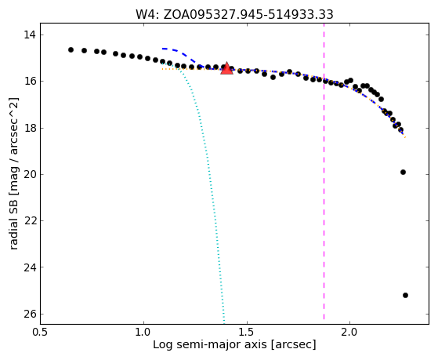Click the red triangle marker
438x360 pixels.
(x=226, y=68)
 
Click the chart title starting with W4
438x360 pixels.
(x=234, y=15)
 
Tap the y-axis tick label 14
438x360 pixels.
(x=29, y=35)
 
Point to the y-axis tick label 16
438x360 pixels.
(x=29, y=82)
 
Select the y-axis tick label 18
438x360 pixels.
(x=29, y=128)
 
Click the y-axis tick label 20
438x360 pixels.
(x=29, y=175)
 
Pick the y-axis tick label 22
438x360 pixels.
(x=29, y=221)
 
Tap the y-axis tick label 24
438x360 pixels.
(x=29, y=267)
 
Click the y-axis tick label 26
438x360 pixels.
(x=29, y=315)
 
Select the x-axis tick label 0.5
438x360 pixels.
(x=40, y=333)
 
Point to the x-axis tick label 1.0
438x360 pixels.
(x=143, y=333)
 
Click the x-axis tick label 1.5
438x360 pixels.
(x=247, y=333)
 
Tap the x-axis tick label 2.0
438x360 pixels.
(x=349, y=333)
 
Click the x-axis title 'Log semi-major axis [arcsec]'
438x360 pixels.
(x=234, y=344)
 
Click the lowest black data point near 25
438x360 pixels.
(x=405, y=295)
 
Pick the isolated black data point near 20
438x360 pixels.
(x=403, y=172)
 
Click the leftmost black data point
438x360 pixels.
(x=71, y=49)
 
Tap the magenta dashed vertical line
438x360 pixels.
(x=324, y=171)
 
